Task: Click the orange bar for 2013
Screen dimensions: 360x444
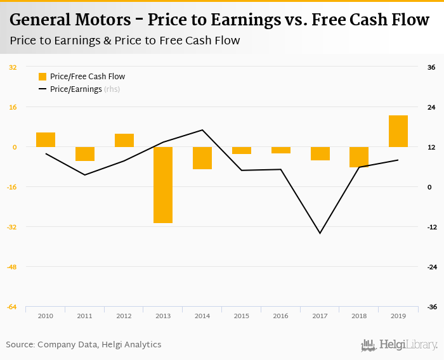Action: coord(163,184)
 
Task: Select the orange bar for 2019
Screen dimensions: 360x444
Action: coord(398,131)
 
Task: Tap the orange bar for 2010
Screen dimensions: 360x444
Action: coord(46,139)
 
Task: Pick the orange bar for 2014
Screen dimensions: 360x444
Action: coord(202,158)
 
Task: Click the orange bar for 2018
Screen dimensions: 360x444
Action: coord(359,157)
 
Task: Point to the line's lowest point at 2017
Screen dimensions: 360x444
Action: coord(320,233)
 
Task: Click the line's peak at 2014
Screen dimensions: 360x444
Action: coord(202,130)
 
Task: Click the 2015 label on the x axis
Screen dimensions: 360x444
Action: coord(241,316)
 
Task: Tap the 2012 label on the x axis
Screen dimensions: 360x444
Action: coord(124,316)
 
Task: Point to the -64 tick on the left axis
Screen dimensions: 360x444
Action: coord(13,307)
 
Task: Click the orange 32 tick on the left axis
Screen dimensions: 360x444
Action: coord(13,67)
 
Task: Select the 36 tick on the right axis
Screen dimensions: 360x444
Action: coord(431,67)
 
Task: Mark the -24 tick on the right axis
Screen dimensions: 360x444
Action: coord(431,267)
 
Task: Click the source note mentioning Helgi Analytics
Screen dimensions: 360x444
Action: coord(84,345)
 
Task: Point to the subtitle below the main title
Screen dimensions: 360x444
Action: coord(125,41)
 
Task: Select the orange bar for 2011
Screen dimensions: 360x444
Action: coord(85,154)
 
